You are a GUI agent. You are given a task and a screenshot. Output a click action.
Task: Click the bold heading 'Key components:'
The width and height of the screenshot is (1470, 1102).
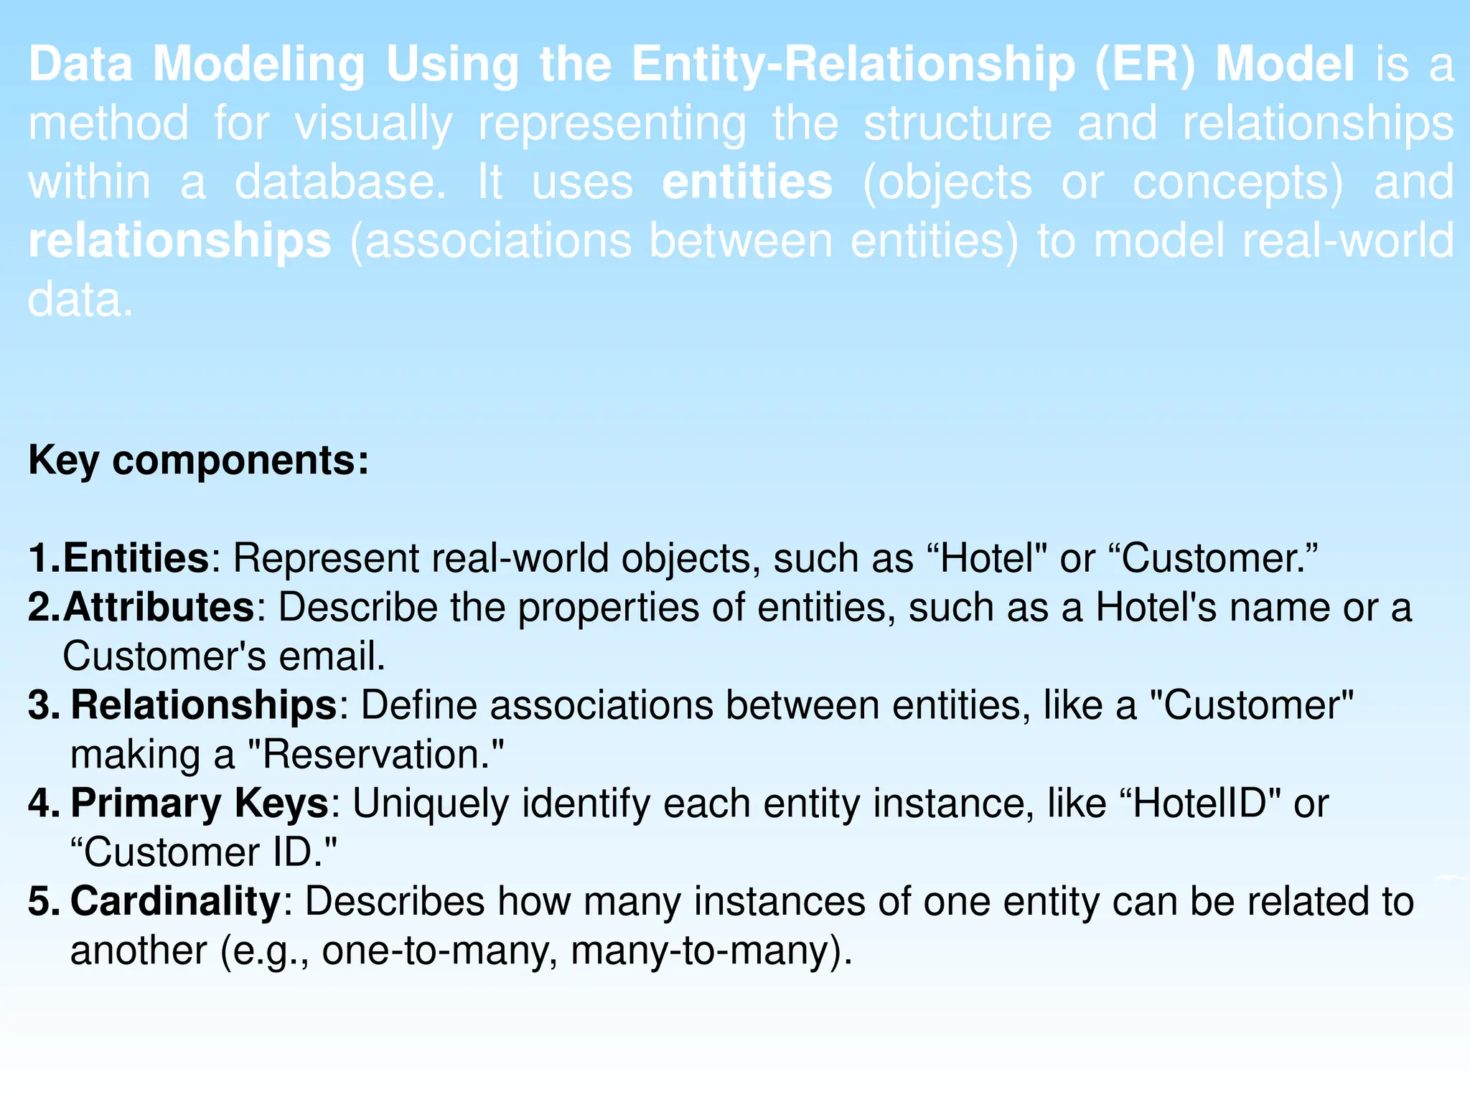pyautogui.click(x=198, y=461)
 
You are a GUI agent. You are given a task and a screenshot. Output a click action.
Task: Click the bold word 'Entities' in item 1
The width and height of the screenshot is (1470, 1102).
pyautogui.click(x=136, y=558)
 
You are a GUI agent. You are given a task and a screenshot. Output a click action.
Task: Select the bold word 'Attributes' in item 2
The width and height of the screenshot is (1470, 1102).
pyautogui.click(x=159, y=608)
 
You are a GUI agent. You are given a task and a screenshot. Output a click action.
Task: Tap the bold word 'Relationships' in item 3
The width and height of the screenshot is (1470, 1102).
pyautogui.click(x=204, y=705)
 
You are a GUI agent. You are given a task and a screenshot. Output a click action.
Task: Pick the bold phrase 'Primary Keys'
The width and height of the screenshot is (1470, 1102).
pyautogui.click(x=200, y=803)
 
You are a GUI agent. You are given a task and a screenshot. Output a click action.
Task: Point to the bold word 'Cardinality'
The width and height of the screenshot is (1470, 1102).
pyautogui.click(x=175, y=901)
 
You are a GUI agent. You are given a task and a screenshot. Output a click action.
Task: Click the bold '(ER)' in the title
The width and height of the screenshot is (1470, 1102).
pyautogui.click(x=1145, y=65)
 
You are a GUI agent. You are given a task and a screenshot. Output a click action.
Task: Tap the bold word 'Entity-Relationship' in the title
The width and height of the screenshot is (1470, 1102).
pyautogui.click(x=853, y=65)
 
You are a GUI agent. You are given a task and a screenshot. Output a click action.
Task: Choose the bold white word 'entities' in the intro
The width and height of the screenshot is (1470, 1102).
pyautogui.click(x=747, y=182)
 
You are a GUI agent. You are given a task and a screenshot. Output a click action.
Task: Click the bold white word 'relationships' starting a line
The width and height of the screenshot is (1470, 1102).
pyautogui.click(x=179, y=241)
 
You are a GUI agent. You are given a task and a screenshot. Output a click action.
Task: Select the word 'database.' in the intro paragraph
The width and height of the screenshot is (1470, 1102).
pyautogui.click(x=341, y=182)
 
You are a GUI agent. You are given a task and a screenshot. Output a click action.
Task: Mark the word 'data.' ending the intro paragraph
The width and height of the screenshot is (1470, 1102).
pyautogui.click(x=80, y=300)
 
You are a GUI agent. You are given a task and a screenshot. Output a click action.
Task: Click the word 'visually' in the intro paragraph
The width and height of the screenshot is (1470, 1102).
pyautogui.click(x=373, y=123)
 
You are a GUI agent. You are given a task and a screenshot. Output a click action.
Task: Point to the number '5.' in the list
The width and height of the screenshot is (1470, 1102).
pyautogui.click(x=44, y=901)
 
